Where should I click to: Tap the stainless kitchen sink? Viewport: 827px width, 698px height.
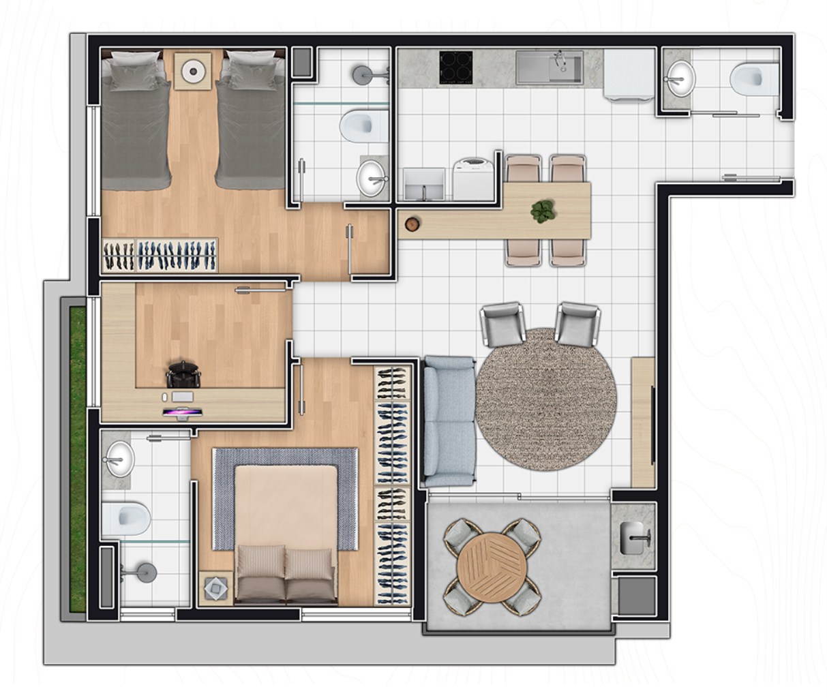pos(550,67)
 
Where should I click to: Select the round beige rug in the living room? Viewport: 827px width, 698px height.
pos(545,399)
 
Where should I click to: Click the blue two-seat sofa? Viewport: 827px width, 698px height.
pos(449,421)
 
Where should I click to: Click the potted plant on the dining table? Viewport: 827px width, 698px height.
pos(542,211)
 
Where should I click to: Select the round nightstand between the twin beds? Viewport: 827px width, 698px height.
pos(192,70)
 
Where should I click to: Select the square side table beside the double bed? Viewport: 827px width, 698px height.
pos(215,588)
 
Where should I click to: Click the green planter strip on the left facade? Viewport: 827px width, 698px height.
pos(77,457)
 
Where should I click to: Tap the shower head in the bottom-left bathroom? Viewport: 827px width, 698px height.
pos(145,572)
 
